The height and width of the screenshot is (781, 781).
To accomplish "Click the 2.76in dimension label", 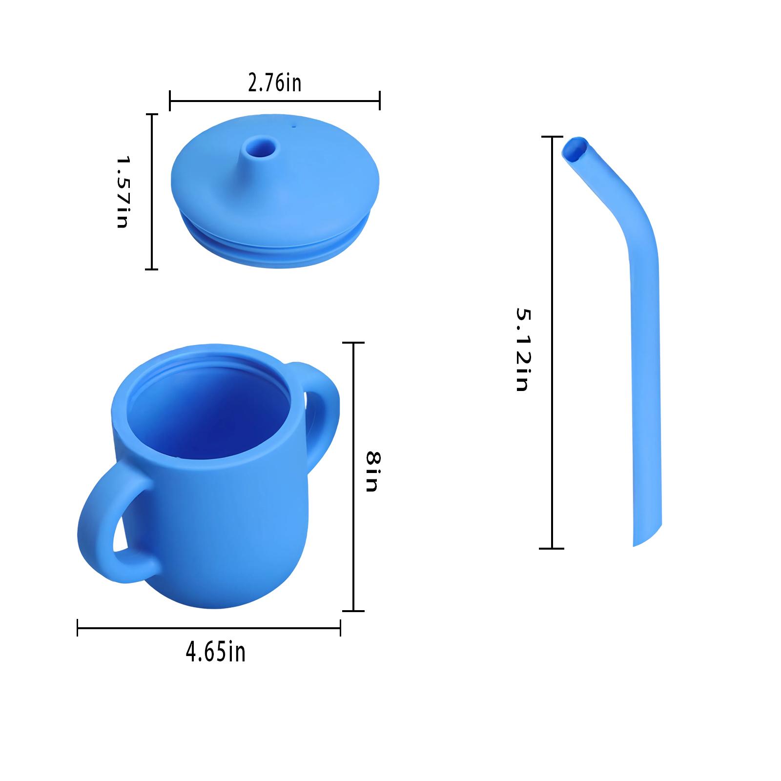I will click(275, 83).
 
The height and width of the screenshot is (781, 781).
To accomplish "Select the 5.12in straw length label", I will click(522, 349).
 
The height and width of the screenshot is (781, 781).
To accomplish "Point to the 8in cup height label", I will click(373, 472).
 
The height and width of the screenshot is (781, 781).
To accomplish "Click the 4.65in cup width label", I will click(215, 653).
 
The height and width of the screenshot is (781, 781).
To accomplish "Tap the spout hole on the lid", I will click(260, 146).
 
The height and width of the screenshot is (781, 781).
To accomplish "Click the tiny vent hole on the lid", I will click(293, 126).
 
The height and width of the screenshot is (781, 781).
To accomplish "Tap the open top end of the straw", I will click(575, 150).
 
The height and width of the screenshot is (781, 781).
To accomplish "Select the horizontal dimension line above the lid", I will click(275, 101).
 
